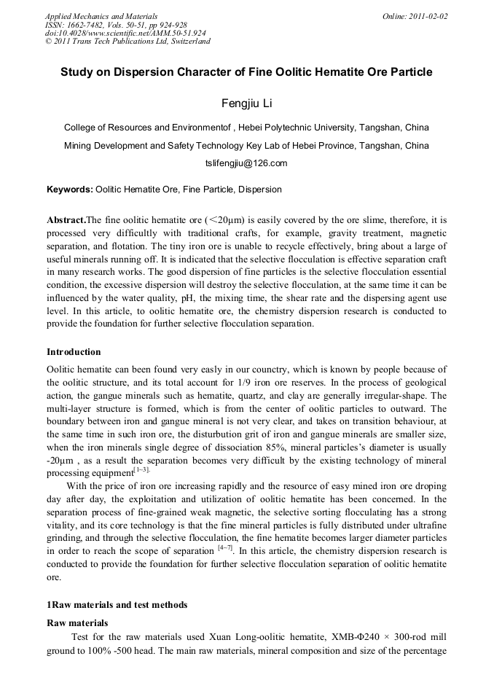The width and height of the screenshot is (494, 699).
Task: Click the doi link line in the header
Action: (125, 33)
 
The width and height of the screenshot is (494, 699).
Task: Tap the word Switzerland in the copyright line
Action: (187, 42)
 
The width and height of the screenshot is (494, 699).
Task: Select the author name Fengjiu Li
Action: (246, 103)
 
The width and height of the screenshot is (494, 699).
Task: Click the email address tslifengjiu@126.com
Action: (246, 163)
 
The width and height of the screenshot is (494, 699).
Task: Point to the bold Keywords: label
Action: (70, 190)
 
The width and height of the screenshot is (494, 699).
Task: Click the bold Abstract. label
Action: (66, 219)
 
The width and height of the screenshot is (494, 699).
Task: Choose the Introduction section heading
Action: (74, 352)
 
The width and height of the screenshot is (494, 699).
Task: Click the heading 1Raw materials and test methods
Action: (117, 604)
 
